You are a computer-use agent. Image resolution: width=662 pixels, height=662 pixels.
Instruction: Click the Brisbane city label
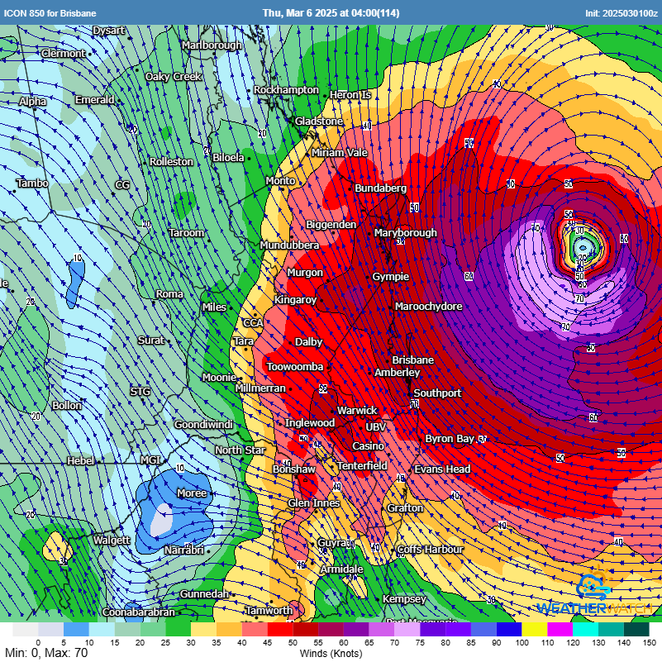[x=412, y=360]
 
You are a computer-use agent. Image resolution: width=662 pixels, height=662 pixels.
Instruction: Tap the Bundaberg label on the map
[x=380, y=188]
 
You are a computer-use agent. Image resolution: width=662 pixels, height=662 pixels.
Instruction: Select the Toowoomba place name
[x=294, y=366]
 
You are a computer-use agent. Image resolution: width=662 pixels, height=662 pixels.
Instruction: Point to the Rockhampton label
[x=286, y=90]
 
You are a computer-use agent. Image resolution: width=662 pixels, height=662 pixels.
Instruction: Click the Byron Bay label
[x=450, y=439]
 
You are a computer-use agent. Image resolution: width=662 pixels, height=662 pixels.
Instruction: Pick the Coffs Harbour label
[x=430, y=550]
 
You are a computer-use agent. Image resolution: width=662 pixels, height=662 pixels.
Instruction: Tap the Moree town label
[x=192, y=493]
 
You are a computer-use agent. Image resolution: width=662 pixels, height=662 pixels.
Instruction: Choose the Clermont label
[x=63, y=54]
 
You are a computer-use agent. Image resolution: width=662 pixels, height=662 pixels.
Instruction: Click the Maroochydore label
[x=428, y=307]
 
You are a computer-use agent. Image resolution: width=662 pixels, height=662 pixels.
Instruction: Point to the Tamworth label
[x=269, y=611]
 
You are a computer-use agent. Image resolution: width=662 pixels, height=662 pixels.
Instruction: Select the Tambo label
[x=32, y=183]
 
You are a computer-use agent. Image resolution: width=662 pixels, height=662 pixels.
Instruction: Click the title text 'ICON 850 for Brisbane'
[x=50, y=13]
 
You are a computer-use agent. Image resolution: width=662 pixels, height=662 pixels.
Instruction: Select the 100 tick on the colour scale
[x=522, y=642]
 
